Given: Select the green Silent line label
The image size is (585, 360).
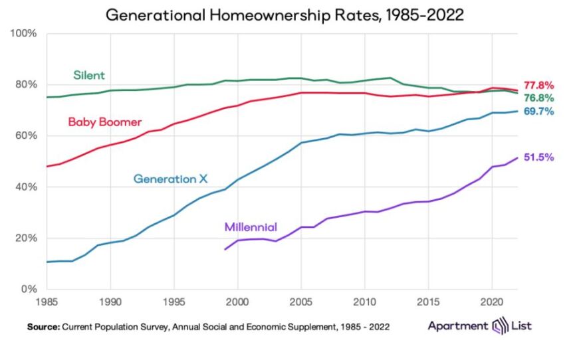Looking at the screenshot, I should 88,75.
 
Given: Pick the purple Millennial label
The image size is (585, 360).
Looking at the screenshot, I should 251,226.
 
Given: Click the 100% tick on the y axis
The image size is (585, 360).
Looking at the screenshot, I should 23,33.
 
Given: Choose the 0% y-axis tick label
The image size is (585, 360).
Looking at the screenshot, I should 29,289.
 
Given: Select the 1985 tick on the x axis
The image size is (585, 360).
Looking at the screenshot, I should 47,301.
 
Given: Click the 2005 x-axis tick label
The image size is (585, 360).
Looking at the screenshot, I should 301,301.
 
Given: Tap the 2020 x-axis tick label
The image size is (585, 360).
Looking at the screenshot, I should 492,301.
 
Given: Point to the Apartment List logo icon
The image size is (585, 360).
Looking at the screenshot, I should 497,326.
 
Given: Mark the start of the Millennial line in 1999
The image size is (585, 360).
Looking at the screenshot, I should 225,250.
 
